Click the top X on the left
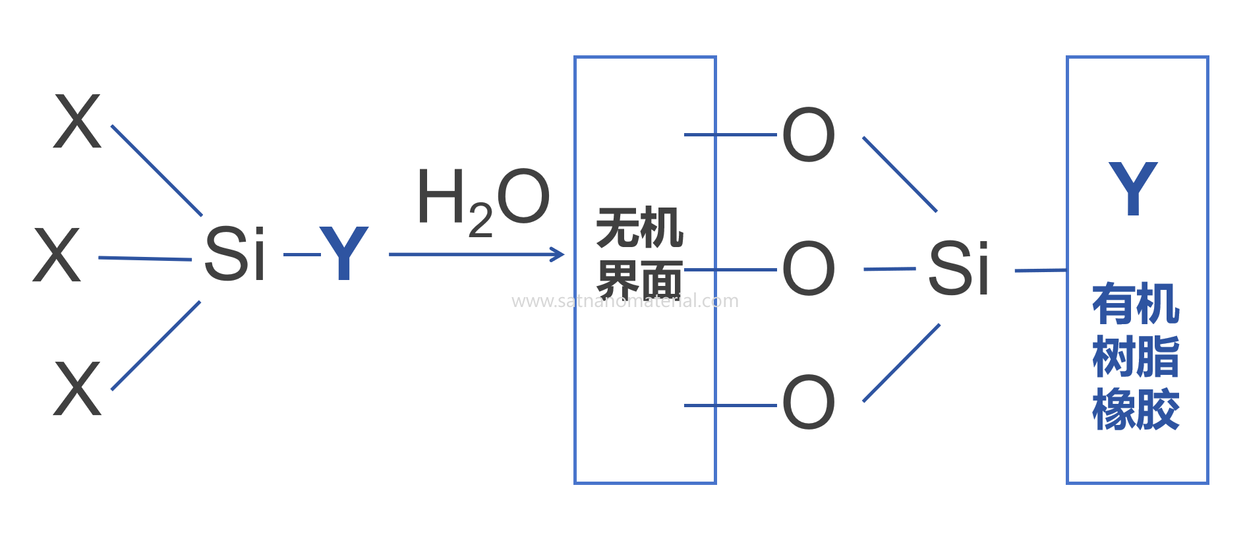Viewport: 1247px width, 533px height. pyautogui.click(x=77, y=121)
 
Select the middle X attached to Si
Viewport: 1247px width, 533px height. pyautogui.click(x=57, y=256)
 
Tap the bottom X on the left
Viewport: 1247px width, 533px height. pyautogui.click(x=77, y=389)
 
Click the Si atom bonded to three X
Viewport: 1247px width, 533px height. pyautogui.click(x=234, y=254)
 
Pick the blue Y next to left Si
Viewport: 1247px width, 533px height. pyautogui.click(x=343, y=254)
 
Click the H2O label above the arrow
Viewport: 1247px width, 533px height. pyautogui.click(x=483, y=199)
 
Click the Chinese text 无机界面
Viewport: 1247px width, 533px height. pyautogui.click(x=639, y=254)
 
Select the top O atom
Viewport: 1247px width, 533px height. pyautogui.click(x=808, y=135)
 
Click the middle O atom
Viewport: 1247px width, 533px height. pyautogui.click(x=808, y=269)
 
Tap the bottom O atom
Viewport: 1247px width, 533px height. pyautogui.click(x=808, y=403)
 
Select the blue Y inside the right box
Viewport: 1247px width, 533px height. pyautogui.click(x=1132, y=189)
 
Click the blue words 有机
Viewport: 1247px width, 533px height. pyautogui.click(x=1136, y=304)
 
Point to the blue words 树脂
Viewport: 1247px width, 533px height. pyautogui.click(x=1136, y=357)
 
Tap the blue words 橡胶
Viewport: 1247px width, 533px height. pyautogui.click(x=1136, y=410)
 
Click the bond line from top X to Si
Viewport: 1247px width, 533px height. pyautogui.click(x=157, y=171)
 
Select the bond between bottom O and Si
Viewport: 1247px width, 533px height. pyautogui.click(x=901, y=363)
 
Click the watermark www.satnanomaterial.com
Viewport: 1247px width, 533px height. pyautogui.click(x=625, y=301)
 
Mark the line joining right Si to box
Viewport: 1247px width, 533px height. pyautogui.click(x=1040, y=270)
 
